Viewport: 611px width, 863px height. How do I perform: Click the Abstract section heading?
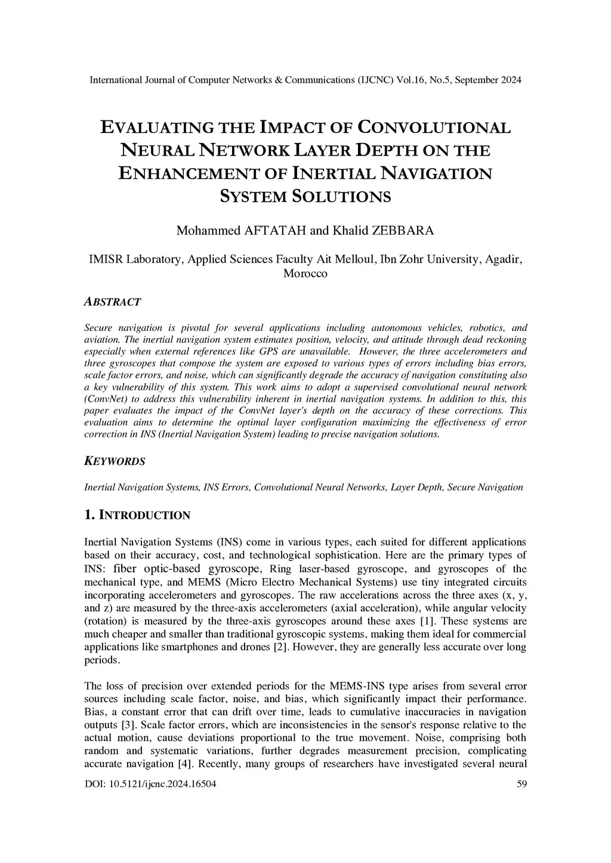[113, 302]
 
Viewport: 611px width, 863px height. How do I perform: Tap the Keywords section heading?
[115, 461]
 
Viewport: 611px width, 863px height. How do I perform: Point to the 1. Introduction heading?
[137, 515]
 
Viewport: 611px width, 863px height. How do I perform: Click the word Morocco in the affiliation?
[305, 274]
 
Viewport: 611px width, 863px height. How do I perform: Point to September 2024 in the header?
[488, 80]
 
